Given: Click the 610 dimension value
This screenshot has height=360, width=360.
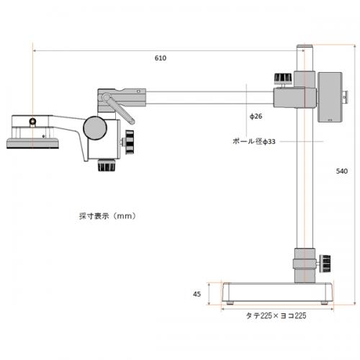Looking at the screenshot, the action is pyautogui.click(x=161, y=58).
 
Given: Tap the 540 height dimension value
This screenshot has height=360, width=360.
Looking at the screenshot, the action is pyautogui.click(x=342, y=171).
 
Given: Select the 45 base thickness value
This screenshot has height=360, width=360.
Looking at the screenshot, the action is pyautogui.click(x=197, y=294).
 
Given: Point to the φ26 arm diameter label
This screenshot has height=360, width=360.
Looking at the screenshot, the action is pyautogui.click(x=256, y=117).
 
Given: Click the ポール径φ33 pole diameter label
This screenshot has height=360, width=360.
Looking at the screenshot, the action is pyautogui.click(x=254, y=141).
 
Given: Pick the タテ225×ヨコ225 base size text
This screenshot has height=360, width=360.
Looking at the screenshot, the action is pyautogui.click(x=276, y=315).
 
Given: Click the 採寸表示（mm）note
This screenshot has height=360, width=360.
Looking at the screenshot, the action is pyautogui.click(x=107, y=216).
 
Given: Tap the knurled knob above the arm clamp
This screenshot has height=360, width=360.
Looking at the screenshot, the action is pyautogui.click(x=283, y=79).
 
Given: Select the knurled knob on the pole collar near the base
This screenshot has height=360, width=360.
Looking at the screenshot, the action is pyautogui.click(x=326, y=264).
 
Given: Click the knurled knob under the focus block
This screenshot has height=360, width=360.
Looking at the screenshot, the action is pyautogui.click(x=107, y=165).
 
